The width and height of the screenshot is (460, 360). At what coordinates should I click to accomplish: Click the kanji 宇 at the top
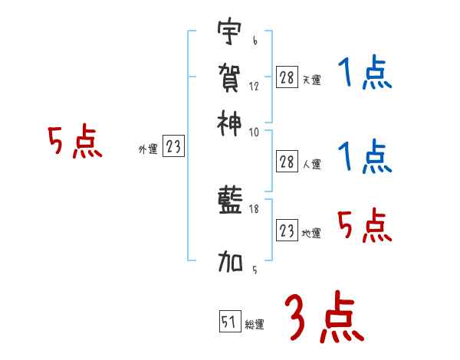tap(229, 33)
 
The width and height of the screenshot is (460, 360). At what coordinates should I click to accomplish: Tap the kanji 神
tap(229, 120)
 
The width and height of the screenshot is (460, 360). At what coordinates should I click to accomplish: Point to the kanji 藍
tap(229, 201)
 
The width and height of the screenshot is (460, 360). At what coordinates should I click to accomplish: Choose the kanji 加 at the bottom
tap(229, 264)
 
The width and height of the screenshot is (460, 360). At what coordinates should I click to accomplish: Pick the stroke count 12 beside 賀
tap(255, 86)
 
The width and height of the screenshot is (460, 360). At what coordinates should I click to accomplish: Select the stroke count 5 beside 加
tap(255, 270)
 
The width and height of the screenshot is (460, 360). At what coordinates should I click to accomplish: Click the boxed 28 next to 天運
tap(287, 77)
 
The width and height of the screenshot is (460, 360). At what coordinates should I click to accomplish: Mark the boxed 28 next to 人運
tap(287, 161)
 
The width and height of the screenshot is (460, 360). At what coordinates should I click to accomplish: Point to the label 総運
tap(255, 325)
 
